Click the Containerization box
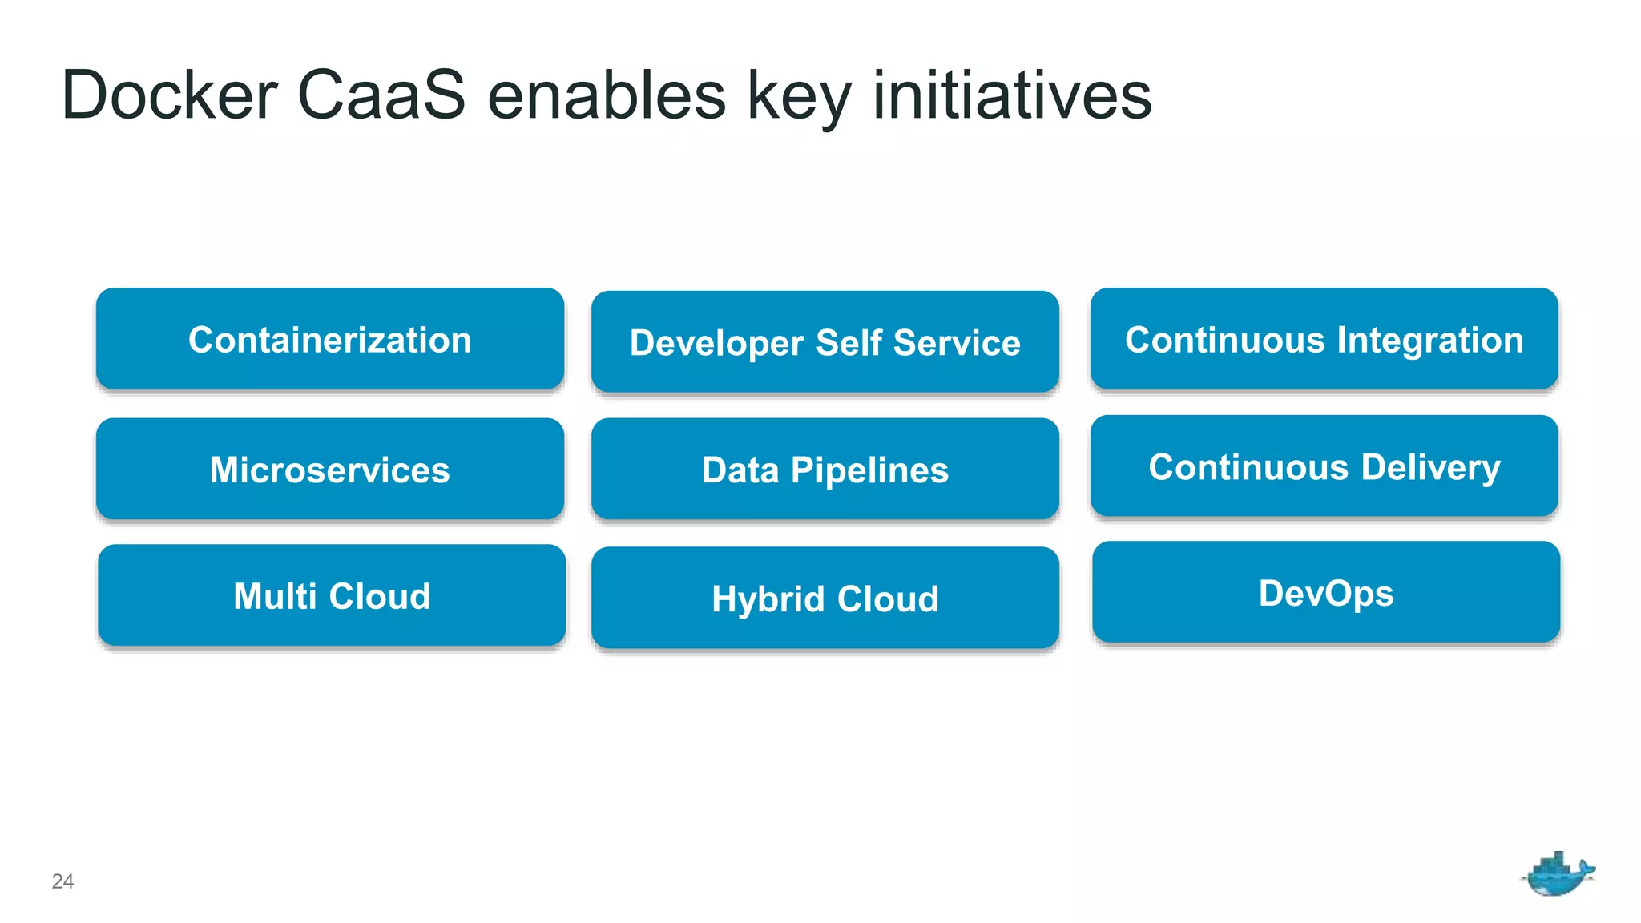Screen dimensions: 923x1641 tap(329, 339)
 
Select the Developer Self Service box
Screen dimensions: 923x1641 tap(825, 342)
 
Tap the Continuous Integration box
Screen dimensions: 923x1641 tap(1324, 339)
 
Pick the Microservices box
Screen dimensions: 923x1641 tap(329, 469)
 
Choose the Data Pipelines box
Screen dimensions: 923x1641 tap(825, 470)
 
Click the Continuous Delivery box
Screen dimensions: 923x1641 tap(1324, 466)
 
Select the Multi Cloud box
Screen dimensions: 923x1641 tap(331, 595)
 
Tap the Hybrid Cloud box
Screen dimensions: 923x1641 tap(825, 599)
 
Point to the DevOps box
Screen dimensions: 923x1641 tap(1325, 593)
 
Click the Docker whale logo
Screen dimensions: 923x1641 tap(1557, 874)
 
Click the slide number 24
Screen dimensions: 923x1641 tap(62, 881)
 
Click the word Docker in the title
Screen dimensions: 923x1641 tap(169, 95)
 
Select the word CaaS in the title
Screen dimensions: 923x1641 tap(381, 95)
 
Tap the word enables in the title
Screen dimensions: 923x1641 tap(607, 95)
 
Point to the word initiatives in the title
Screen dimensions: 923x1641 tap(1012, 95)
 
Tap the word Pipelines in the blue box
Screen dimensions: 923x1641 tap(869, 470)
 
